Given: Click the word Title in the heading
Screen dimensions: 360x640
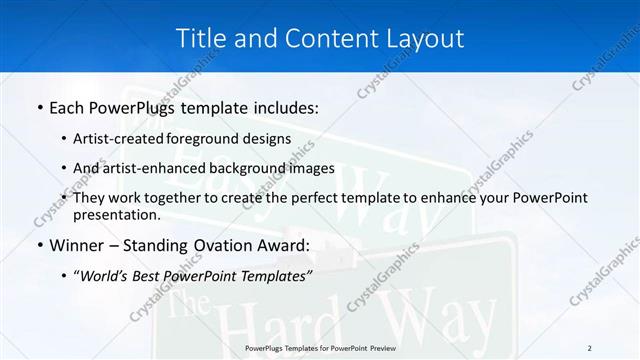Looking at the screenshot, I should pos(199,38).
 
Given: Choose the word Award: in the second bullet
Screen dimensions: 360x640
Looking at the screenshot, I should pos(284,244).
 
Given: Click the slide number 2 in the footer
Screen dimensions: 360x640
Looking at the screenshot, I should pos(589,348).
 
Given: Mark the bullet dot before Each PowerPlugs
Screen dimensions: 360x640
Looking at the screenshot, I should pos(39,106).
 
